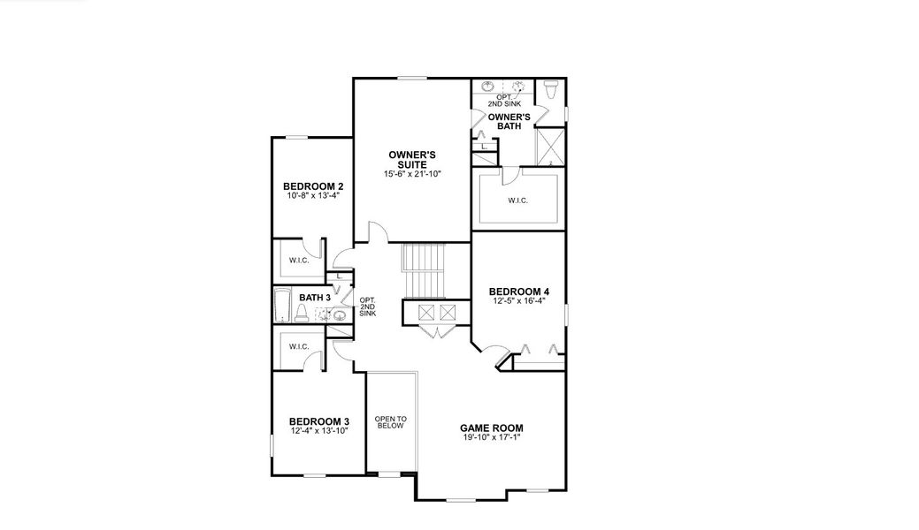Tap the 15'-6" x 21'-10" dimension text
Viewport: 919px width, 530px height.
412,175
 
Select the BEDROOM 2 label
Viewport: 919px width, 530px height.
313,186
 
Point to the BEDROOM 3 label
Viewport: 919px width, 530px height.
319,420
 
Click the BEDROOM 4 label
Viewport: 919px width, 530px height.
519,291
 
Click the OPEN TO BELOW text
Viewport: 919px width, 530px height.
389,422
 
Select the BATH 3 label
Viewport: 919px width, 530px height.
314,298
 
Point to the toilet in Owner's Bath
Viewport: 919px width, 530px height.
549,88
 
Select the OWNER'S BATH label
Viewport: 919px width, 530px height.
509,122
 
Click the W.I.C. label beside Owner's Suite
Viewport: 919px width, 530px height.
517,201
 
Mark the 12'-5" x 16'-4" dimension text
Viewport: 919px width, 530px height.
519,301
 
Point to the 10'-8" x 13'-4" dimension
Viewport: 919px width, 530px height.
313,196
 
